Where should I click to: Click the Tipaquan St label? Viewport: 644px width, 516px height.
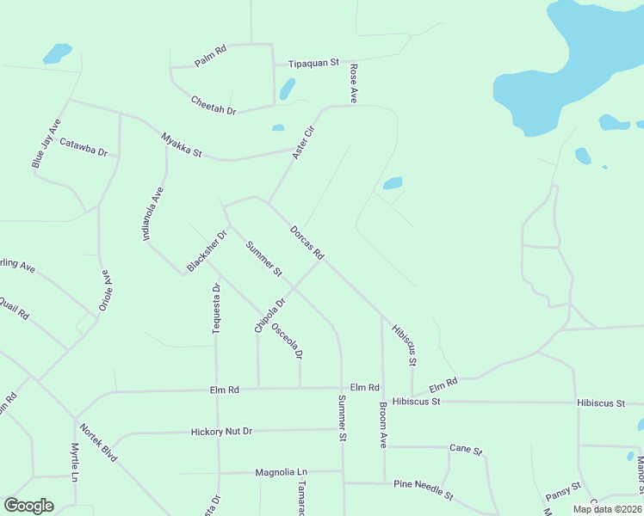click(314, 64)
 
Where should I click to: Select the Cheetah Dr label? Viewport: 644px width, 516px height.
click(214, 104)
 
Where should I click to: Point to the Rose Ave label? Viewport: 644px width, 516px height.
click(353, 83)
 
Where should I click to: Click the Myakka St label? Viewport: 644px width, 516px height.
click(181, 144)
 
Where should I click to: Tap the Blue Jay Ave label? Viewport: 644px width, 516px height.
click(46, 142)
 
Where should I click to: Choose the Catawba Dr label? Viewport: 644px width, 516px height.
click(84, 152)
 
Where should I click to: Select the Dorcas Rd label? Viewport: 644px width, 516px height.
click(307, 243)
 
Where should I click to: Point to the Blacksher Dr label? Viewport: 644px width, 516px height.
click(207, 249)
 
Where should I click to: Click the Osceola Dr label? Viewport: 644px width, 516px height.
click(288, 341)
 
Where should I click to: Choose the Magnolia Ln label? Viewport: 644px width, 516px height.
click(281, 472)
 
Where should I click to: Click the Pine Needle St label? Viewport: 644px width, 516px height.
click(423, 489)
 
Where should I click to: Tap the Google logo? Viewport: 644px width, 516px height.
click(28, 506)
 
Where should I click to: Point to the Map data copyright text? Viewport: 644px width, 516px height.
click(607, 509)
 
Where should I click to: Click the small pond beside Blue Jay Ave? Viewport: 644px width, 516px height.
click(59, 53)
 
